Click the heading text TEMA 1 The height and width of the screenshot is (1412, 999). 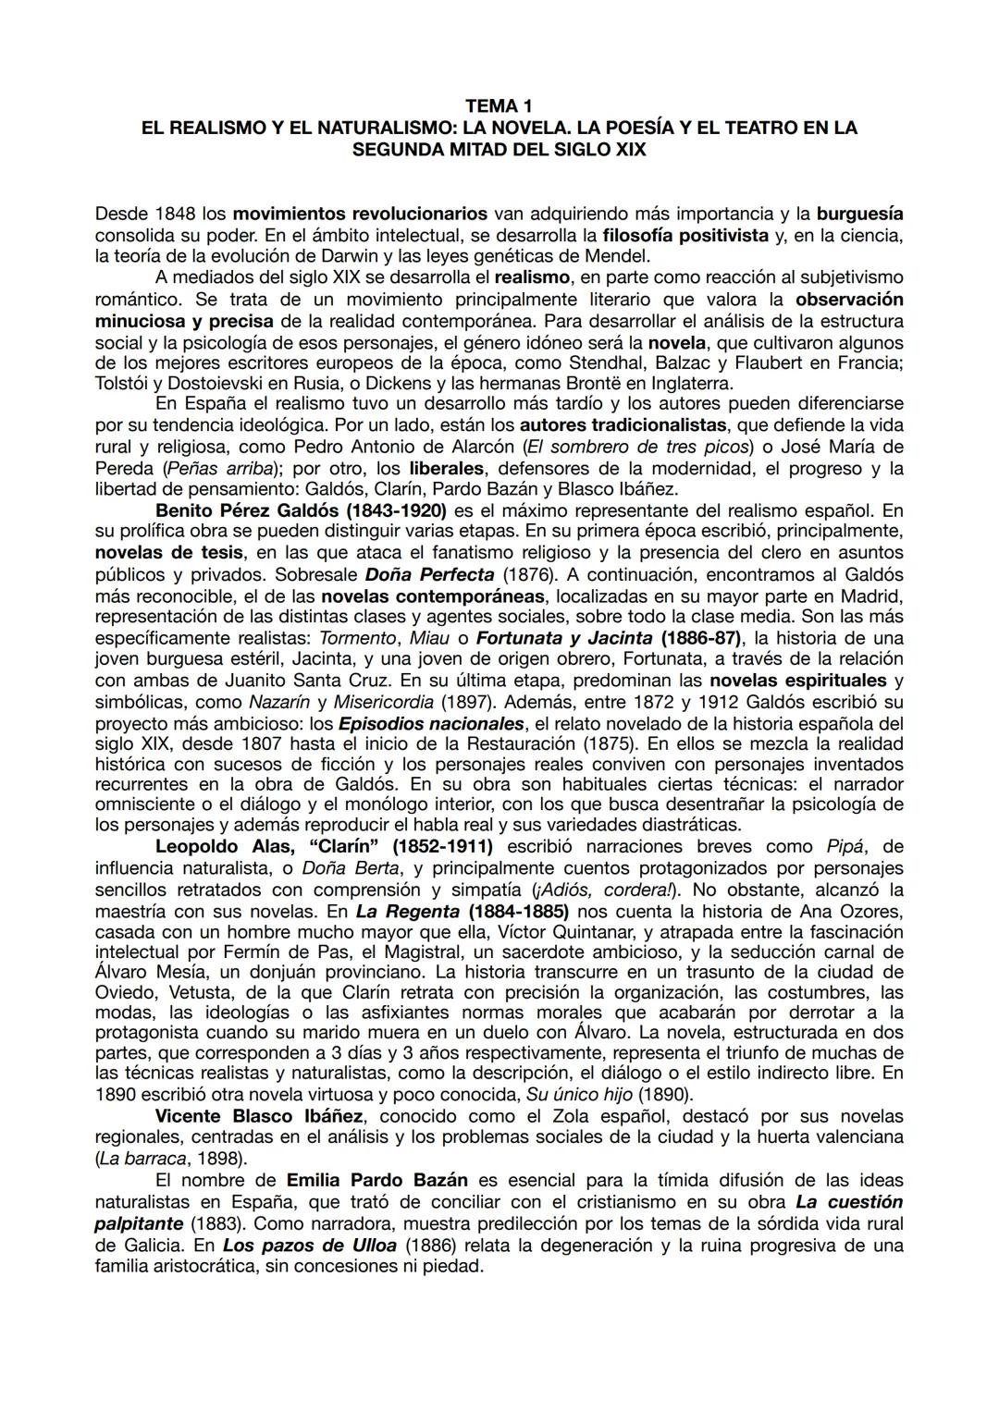click(x=499, y=107)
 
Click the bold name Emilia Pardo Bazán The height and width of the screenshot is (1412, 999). click(x=377, y=1181)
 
